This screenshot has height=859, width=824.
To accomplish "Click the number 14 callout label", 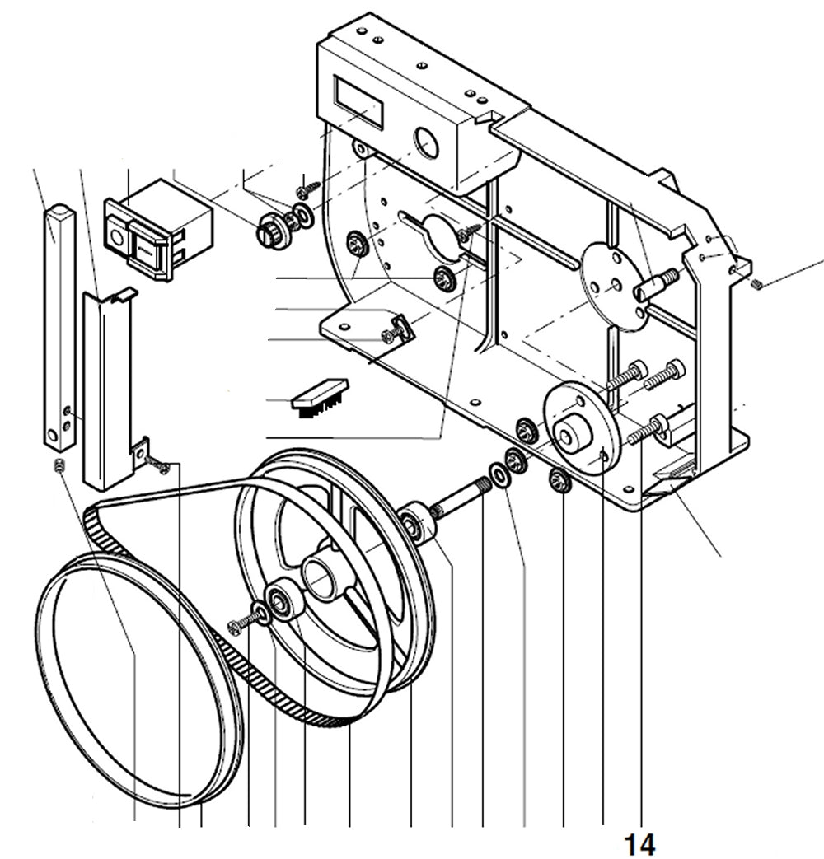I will (639, 843).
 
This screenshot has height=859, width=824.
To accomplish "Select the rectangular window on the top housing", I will (357, 100).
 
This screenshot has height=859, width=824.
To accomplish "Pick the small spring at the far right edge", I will (758, 284).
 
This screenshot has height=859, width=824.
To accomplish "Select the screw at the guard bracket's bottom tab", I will (161, 466).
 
